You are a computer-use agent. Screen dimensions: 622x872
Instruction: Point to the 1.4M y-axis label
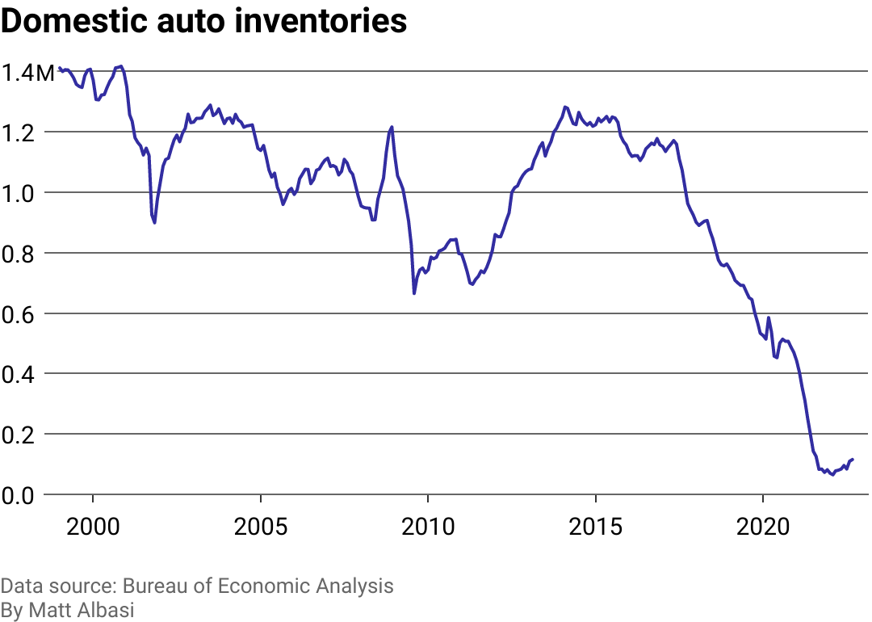[28, 73]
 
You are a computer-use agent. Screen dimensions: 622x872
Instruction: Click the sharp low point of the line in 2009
[414, 292]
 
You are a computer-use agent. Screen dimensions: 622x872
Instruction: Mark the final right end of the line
[853, 459]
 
